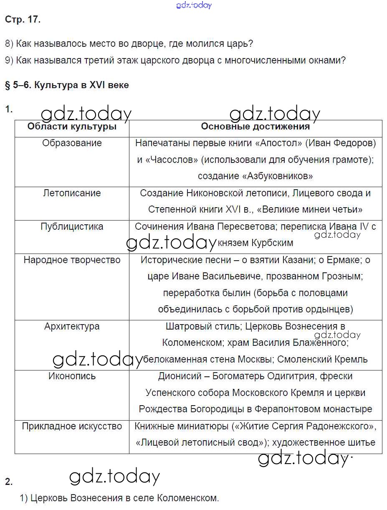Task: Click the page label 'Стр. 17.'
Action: coord(23,20)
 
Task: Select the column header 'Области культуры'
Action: coord(72,127)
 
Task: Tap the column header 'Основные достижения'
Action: coord(255,127)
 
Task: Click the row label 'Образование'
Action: coord(72,143)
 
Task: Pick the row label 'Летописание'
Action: coord(72,193)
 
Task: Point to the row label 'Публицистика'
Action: coord(72,226)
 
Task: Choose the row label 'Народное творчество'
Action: coord(72,260)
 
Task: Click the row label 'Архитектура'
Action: coord(72,326)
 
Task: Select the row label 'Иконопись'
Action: coord(72,376)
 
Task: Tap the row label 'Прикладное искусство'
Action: coord(72,426)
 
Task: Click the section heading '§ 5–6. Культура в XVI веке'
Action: coord(67,85)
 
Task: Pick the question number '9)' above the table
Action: coord(9,60)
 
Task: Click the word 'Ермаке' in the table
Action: coord(344,260)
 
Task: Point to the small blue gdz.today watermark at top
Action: coord(194,5)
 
